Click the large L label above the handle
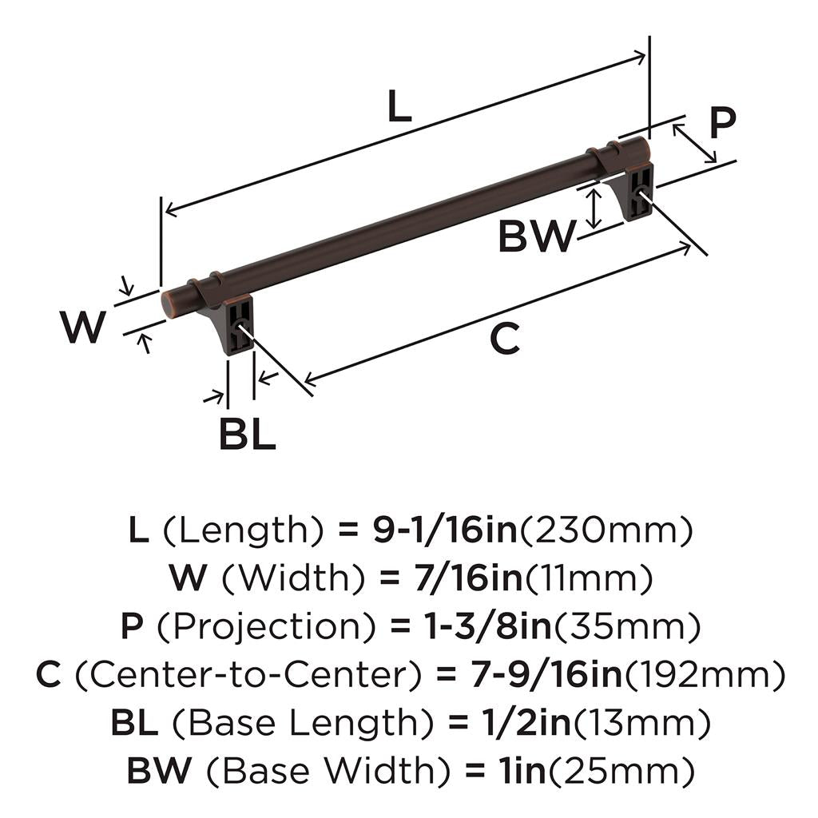point(399,107)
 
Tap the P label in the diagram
point(721,124)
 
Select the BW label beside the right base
point(536,237)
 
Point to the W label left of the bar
point(83,327)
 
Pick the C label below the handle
point(504,340)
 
